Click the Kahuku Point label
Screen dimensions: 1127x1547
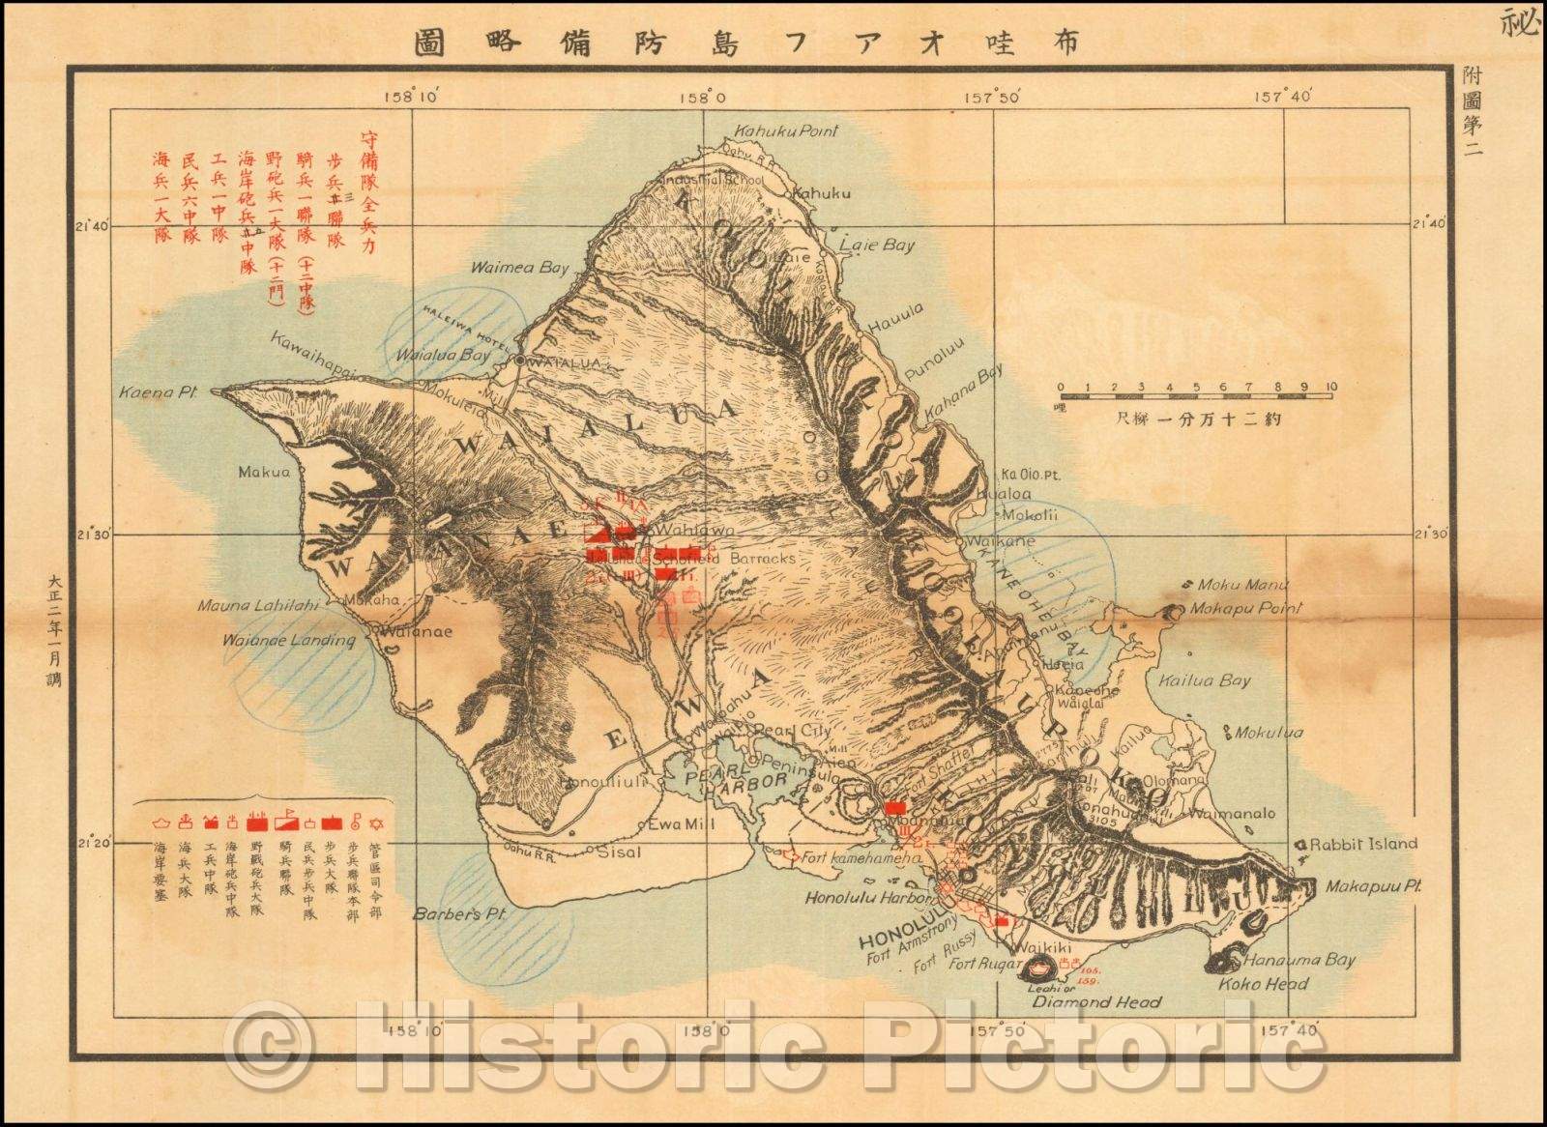(786, 131)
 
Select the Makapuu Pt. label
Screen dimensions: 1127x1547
(1365, 885)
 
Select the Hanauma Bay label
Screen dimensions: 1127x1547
(1299, 961)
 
